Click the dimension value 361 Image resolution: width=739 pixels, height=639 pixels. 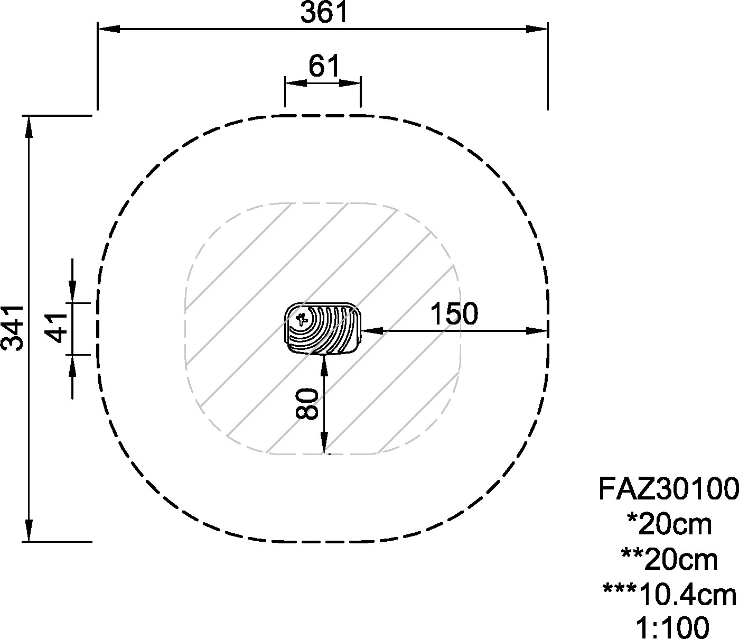click(324, 12)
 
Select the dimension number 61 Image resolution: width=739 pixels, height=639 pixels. click(324, 66)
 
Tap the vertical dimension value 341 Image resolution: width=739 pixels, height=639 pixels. click(13, 328)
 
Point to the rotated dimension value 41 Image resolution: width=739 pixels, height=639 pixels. click(57, 328)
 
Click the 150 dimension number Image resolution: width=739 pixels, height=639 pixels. click(453, 313)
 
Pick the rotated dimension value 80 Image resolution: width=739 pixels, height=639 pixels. click(307, 404)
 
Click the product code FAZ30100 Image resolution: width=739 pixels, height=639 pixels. click(668, 489)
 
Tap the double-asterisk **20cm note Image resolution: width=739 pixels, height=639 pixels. click(669, 560)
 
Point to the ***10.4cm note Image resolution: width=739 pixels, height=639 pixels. click(669, 595)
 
